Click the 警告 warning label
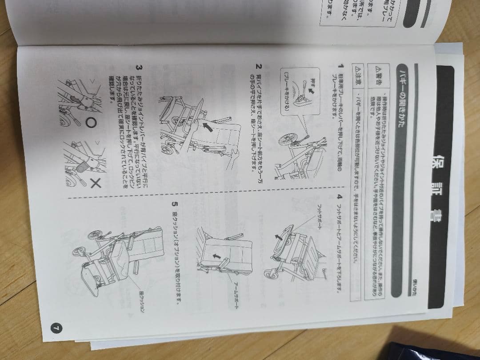pyautogui.click(x=379, y=80)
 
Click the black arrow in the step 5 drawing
pyautogui.click(x=217, y=256)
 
